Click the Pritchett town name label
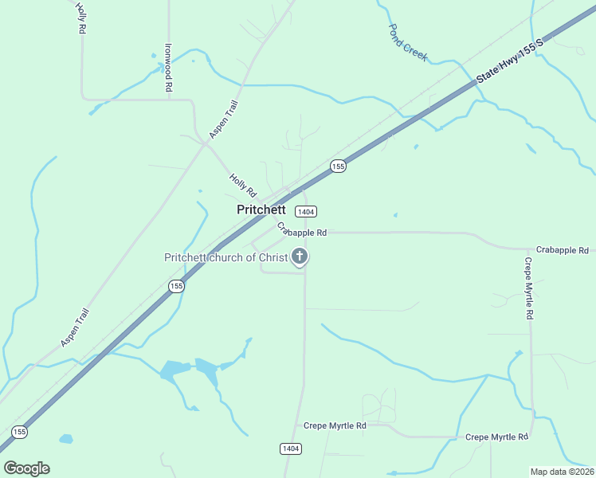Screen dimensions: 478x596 pos(261,210)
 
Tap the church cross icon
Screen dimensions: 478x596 pos(300,257)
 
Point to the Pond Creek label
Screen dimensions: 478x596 pos(408,42)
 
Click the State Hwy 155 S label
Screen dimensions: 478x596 pos(510,61)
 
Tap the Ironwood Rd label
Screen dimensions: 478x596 pos(169,68)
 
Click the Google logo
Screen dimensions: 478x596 pos(26,468)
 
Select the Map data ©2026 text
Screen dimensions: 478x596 pos(562,472)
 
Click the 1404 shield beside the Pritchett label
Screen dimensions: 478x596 pos(305,211)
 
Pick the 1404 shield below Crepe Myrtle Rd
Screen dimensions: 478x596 pos(291,449)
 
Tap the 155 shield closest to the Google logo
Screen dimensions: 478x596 pos(19,432)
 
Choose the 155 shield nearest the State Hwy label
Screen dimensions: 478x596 pos(338,166)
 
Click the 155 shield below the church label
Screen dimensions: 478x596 pos(176,285)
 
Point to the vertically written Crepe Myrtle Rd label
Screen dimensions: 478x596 pos(528,288)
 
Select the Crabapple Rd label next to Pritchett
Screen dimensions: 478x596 pos(303,230)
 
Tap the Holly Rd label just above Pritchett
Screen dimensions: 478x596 pos(243,186)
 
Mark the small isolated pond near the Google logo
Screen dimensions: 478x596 pos(65,439)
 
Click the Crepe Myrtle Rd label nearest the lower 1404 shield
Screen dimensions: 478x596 pos(338,426)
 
